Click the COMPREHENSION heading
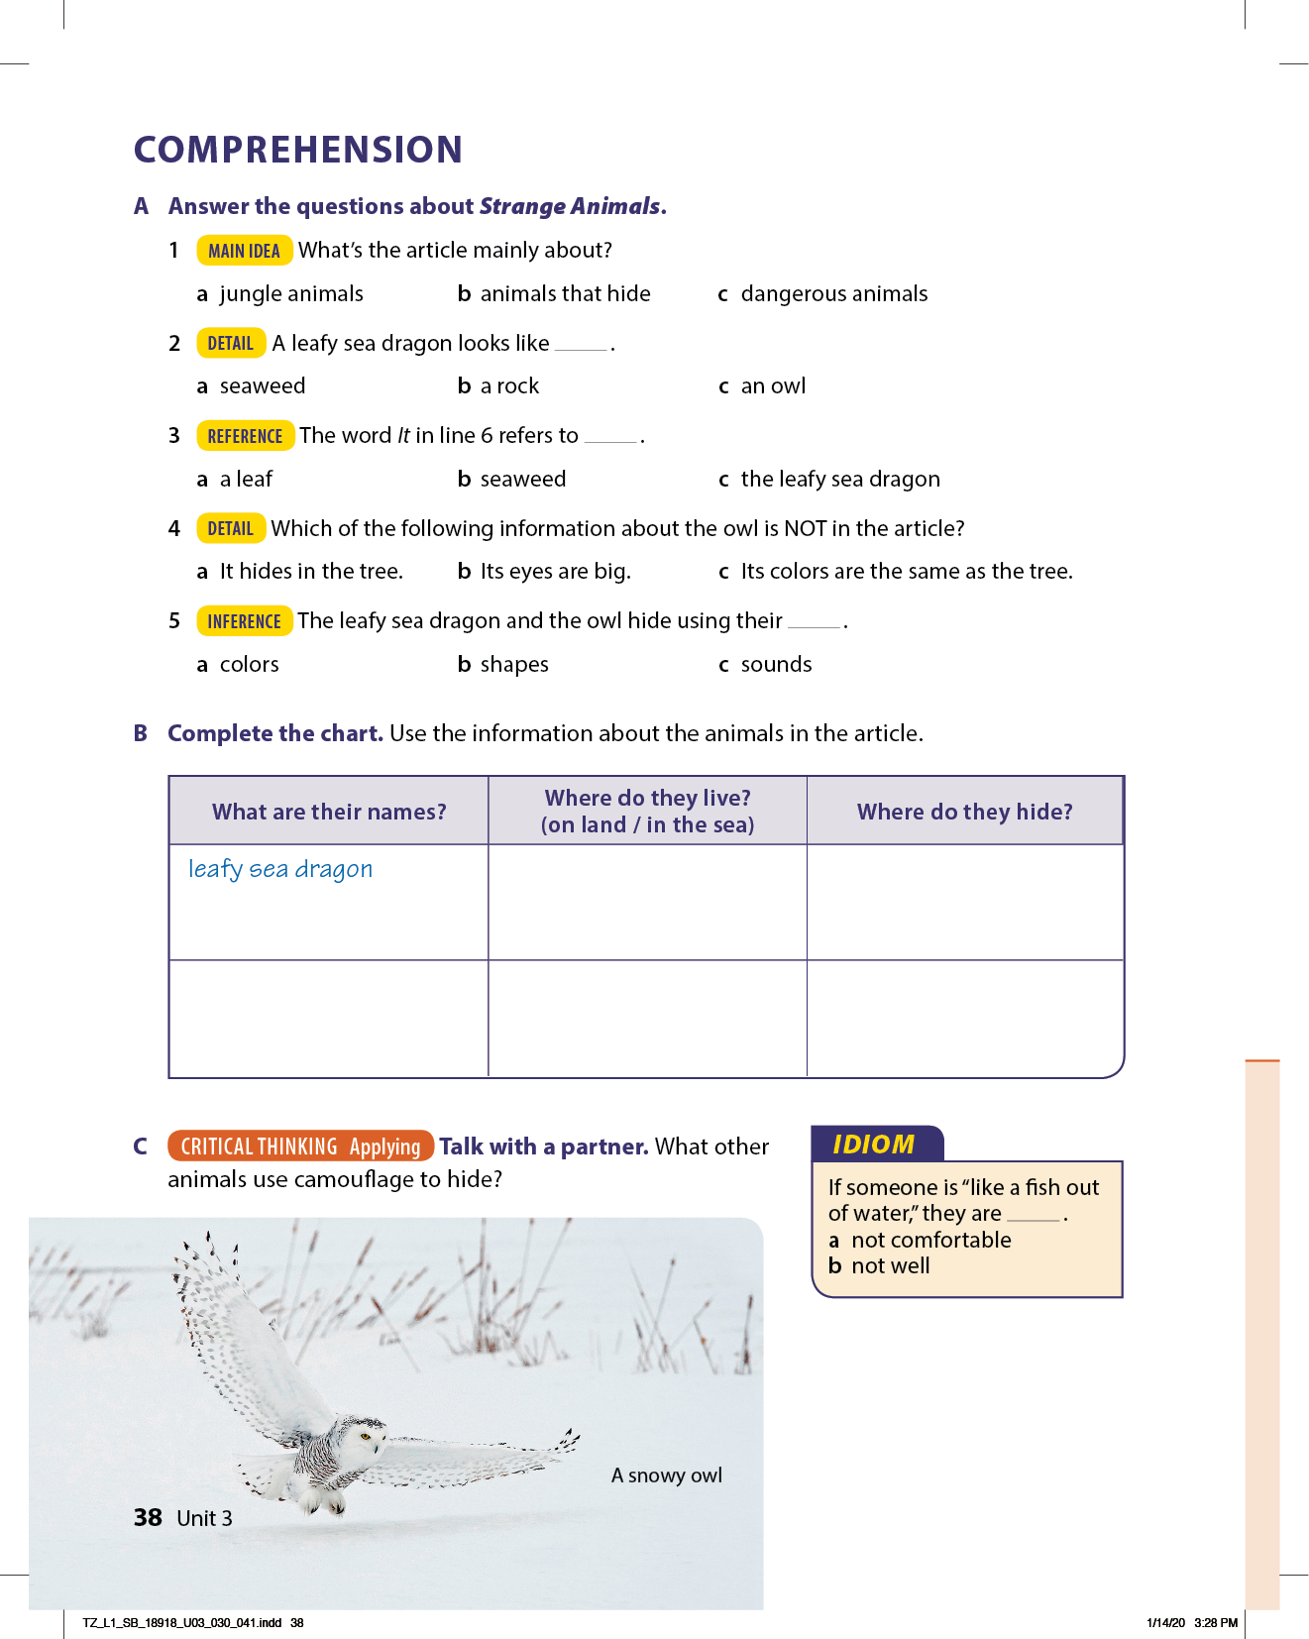tap(298, 150)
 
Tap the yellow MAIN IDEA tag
tap(244, 251)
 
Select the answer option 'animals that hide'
tap(565, 294)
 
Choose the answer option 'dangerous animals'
tap(833, 294)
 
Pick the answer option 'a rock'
tap(509, 386)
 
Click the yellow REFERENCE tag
tap(245, 436)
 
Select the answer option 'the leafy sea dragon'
tap(839, 480)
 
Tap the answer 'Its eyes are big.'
tap(555, 572)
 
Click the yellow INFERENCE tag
tap(244, 621)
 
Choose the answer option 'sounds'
tap(776, 665)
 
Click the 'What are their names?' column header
tap(329, 812)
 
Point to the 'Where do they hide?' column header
tap(964, 812)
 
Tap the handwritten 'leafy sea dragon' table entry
tap(280, 869)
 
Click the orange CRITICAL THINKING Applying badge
tap(300, 1147)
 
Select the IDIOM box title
tap(873, 1145)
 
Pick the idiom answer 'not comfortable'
tap(930, 1241)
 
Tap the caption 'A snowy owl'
tap(666, 1475)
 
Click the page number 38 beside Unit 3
tap(148, 1518)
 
